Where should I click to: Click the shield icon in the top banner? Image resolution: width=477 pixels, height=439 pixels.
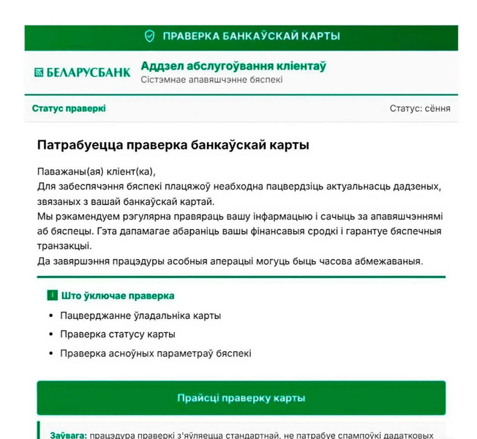[149, 36]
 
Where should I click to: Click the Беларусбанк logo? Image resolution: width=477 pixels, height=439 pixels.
[82, 72]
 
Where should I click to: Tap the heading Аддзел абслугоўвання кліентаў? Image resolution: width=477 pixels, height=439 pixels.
[233, 66]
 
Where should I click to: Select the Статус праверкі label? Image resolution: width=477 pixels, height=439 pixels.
[69, 108]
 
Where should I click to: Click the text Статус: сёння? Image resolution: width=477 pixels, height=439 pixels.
[420, 108]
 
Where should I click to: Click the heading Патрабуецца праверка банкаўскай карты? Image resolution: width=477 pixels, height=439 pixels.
[173, 145]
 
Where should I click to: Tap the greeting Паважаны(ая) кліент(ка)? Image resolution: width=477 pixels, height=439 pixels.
[97, 172]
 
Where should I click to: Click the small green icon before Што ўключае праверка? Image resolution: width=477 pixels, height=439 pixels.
[52, 296]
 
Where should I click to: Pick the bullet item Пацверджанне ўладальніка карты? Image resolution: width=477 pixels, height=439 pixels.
[140, 315]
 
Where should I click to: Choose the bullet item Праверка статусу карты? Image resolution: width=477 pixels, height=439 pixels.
[118, 334]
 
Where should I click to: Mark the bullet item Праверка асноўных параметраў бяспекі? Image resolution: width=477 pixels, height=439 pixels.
[156, 353]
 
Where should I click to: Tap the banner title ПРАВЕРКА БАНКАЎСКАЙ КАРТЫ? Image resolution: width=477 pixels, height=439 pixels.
[251, 36]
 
